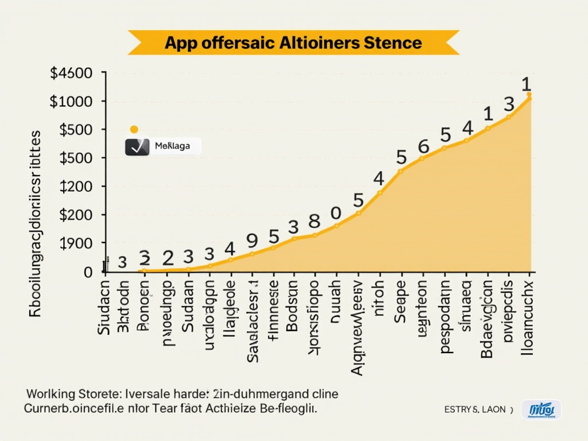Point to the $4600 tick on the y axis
click(x=71, y=73)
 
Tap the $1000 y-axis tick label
click(x=71, y=102)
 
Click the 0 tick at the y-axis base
click(x=88, y=272)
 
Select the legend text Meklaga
click(x=172, y=146)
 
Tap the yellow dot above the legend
click(x=134, y=130)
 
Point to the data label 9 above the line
click(x=252, y=240)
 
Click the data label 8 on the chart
click(x=314, y=221)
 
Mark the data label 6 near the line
click(x=423, y=146)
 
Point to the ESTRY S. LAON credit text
click(x=475, y=409)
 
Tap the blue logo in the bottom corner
click(x=541, y=409)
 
